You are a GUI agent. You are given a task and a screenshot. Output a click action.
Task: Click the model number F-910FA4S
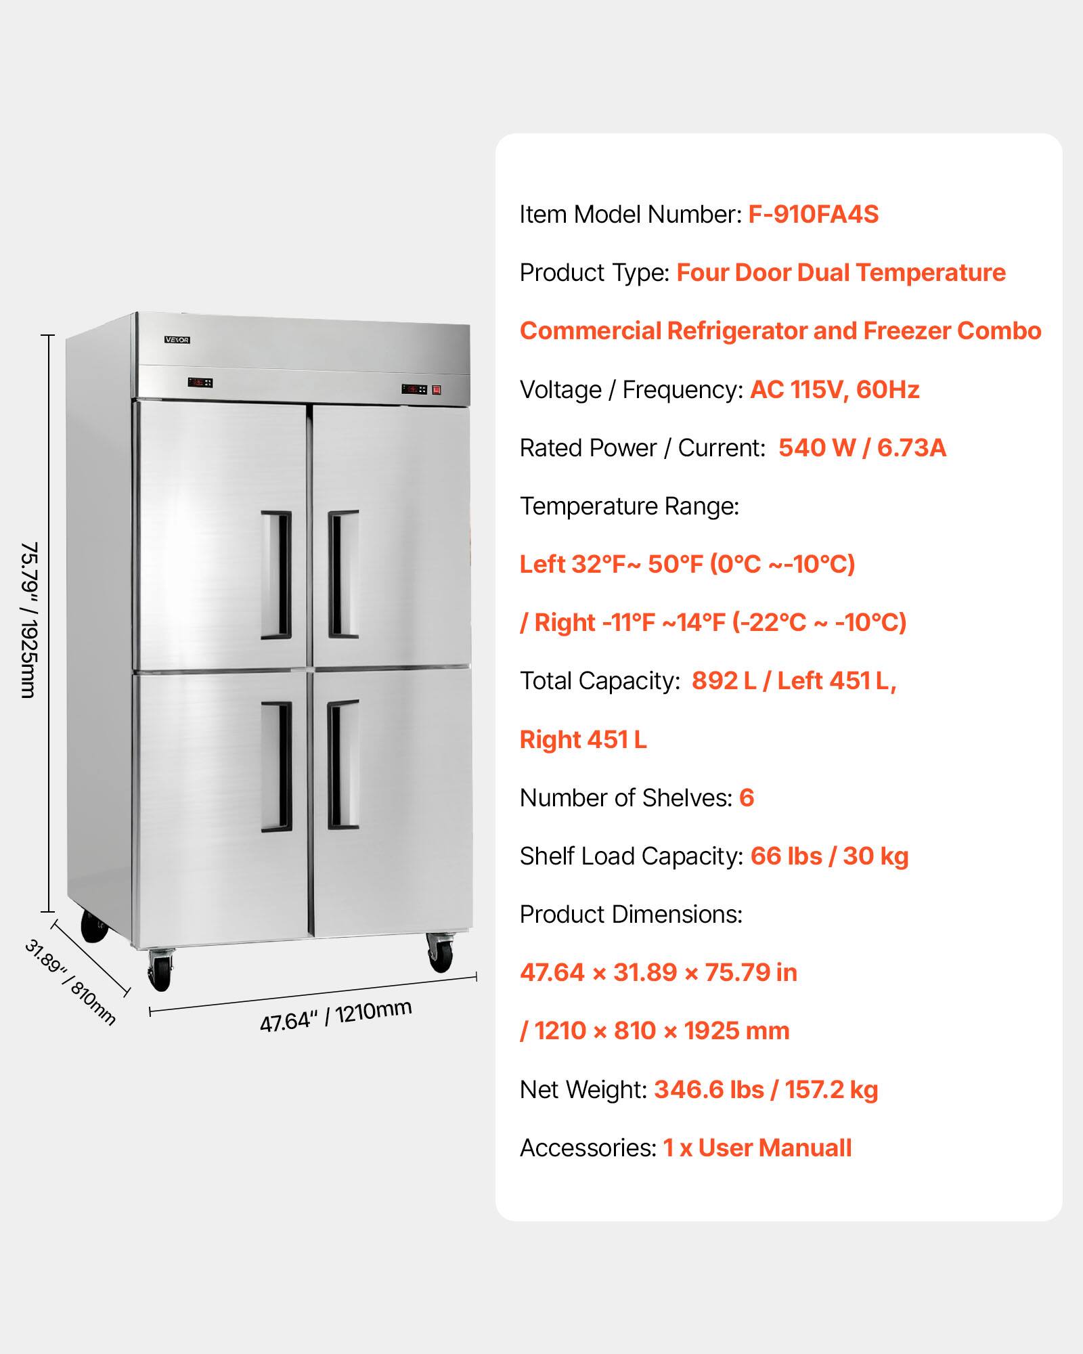click(x=813, y=215)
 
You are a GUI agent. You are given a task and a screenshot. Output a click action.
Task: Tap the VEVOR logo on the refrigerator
click(x=177, y=340)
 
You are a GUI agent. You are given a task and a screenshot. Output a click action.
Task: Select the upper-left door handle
click(x=276, y=575)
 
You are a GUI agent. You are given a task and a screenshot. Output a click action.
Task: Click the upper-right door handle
click(x=343, y=575)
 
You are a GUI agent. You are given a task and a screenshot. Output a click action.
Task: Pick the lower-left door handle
click(x=276, y=766)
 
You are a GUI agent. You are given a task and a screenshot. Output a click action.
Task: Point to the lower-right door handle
click(x=342, y=765)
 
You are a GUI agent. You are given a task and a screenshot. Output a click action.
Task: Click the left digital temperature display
click(x=200, y=383)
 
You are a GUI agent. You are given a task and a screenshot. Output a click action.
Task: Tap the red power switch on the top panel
click(x=437, y=389)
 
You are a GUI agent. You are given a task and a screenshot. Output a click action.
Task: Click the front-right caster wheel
click(x=441, y=952)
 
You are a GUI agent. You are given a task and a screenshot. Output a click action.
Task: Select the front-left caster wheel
click(x=160, y=970)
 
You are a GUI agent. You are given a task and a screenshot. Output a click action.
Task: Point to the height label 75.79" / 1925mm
click(x=28, y=619)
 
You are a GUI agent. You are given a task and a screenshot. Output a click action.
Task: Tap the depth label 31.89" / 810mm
click(x=70, y=982)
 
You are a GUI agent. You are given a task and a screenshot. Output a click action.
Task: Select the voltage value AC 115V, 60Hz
click(x=835, y=390)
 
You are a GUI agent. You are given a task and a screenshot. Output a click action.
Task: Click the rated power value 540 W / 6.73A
click(x=862, y=448)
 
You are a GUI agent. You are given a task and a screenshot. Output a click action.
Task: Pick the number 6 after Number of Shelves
click(x=747, y=798)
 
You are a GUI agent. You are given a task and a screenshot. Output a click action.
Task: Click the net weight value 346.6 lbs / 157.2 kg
click(x=766, y=1090)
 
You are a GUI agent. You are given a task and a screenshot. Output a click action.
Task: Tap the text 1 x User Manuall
click(x=757, y=1148)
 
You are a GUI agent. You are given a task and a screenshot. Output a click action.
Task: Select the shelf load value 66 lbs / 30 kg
click(x=829, y=856)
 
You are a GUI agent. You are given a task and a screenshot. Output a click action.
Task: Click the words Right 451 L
click(x=583, y=740)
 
